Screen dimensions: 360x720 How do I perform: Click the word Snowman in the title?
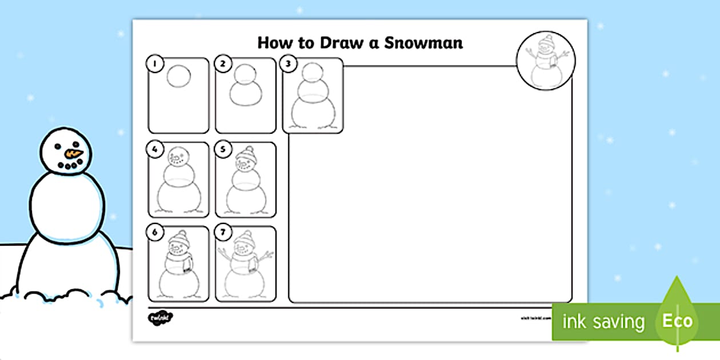pyautogui.click(x=422, y=43)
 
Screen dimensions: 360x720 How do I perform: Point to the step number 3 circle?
pyautogui.click(x=289, y=64)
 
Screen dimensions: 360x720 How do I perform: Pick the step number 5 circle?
pyautogui.click(x=221, y=149)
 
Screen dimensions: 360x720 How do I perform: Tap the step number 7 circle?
pyautogui.click(x=221, y=233)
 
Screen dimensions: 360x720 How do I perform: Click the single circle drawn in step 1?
pyautogui.click(x=178, y=77)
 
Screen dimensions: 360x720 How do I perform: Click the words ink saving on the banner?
pyautogui.click(x=603, y=322)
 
